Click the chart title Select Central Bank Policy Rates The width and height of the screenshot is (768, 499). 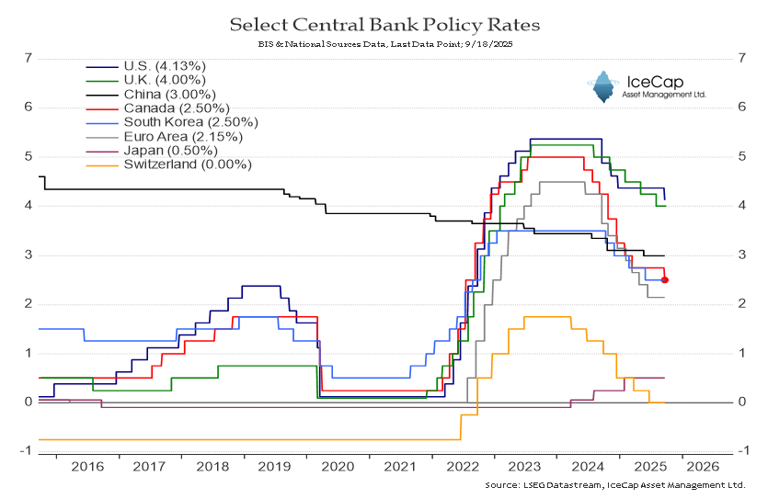(x=384, y=22)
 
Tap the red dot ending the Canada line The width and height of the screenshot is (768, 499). (x=665, y=279)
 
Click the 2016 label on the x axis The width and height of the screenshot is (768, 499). (x=87, y=467)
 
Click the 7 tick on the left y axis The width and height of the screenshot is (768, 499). (x=29, y=58)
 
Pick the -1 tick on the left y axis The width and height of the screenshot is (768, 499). (x=28, y=451)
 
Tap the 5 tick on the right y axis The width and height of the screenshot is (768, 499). (x=741, y=156)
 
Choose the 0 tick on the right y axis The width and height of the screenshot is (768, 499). (x=741, y=403)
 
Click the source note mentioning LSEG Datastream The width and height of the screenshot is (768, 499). (x=614, y=484)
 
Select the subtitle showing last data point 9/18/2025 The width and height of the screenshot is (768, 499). (x=384, y=43)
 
